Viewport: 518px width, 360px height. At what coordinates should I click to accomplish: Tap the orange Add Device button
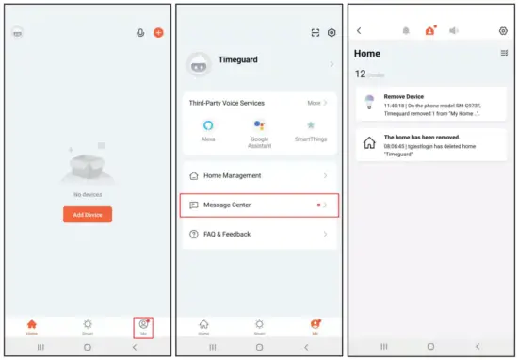(x=87, y=215)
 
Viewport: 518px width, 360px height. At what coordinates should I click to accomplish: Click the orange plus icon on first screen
(x=158, y=32)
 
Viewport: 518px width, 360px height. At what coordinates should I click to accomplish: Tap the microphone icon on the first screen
(x=140, y=32)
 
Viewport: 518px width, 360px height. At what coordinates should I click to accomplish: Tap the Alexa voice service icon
(x=208, y=126)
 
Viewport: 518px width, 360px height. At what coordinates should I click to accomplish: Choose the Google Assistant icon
(x=260, y=126)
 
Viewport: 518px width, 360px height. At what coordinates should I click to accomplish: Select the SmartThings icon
(x=309, y=126)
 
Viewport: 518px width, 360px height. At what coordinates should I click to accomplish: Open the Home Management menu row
(x=259, y=175)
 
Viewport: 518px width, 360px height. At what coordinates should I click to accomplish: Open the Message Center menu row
(x=259, y=205)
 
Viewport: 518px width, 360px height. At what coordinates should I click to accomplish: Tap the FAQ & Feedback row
(x=259, y=234)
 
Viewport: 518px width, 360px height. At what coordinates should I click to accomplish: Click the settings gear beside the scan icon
(x=332, y=32)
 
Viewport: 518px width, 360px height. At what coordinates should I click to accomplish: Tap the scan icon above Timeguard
(x=316, y=32)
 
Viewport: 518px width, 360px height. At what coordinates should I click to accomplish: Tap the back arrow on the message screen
(x=359, y=31)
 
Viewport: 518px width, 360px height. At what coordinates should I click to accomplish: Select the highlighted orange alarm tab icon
(x=431, y=31)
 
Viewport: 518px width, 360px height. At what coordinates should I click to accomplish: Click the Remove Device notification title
(x=405, y=96)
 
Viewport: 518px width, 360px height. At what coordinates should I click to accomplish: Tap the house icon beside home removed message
(x=369, y=143)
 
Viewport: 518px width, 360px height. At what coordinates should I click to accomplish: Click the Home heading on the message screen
(x=367, y=54)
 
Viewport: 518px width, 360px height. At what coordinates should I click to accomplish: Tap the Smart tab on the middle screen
(x=259, y=326)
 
